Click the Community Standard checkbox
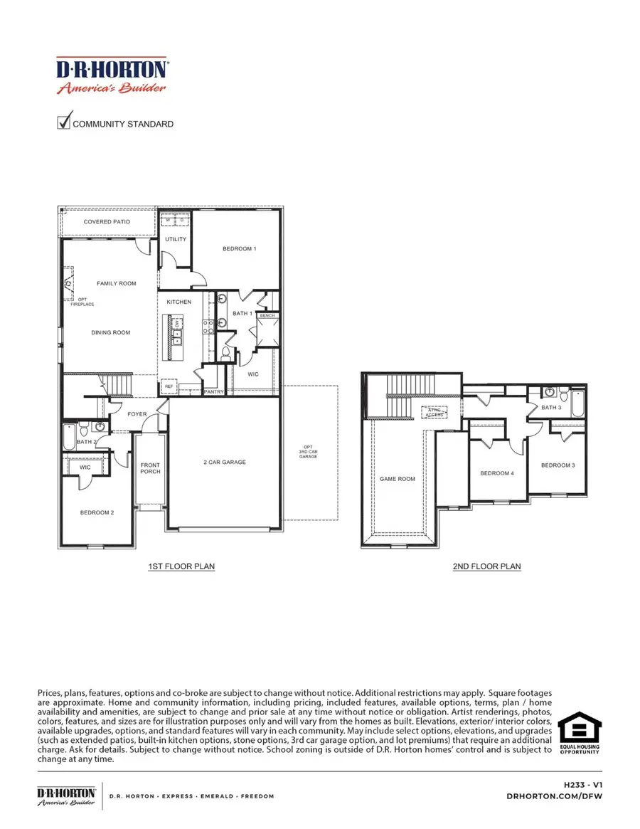point(64,122)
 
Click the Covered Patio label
point(107,222)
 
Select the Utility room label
point(176,239)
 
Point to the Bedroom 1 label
point(239,248)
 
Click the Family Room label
point(117,283)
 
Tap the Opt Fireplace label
point(82,302)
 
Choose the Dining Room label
point(111,332)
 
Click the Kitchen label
point(179,302)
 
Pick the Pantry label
point(213,391)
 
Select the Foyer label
point(137,413)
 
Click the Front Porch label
point(151,468)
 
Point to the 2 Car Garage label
point(225,462)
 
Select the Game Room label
point(397,479)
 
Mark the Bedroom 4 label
point(497,473)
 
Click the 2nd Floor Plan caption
point(486,566)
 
